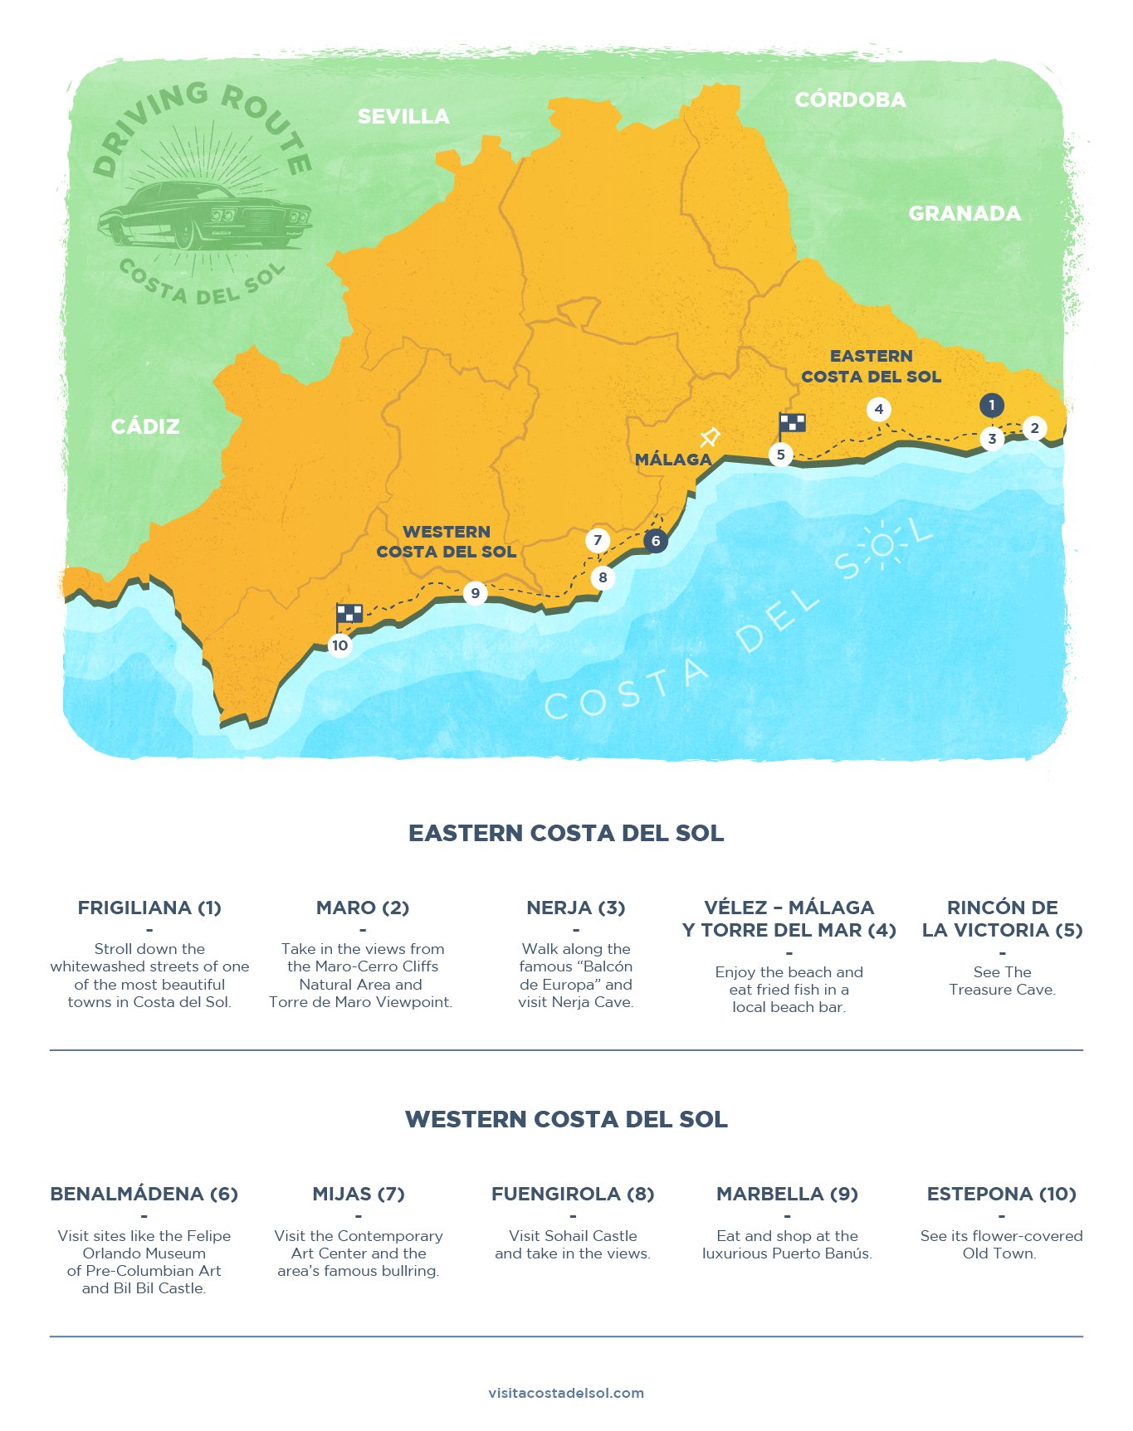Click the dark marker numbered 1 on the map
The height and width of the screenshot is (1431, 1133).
pyautogui.click(x=991, y=405)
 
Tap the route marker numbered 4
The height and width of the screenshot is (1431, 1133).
pyautogui.click(x=878, y=409)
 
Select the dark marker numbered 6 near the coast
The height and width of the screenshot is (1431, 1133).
pyautogui.click(x=655, y=541)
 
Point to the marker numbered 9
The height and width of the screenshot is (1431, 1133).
pyautogui.click(x=475, y=593)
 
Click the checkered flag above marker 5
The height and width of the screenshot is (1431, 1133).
pyautogui.click(x=792, y=423)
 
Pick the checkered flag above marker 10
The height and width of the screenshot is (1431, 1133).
pyautogui.click(x=349, y=614)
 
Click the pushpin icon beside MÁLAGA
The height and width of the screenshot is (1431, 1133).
pyautogui.click(x=710, y=436)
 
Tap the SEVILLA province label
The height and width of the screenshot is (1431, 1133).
pyautogui.click(x=403, y=117)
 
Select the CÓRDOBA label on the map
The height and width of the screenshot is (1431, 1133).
pyautogui.click(x=850, y=100)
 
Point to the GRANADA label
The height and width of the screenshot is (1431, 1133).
pyautogui.click(x=964, y=213)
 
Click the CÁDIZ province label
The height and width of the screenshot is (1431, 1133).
pyautogui.click(x=145, y=426)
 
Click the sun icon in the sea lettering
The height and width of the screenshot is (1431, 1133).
pyautogui.click(x=881, y=545)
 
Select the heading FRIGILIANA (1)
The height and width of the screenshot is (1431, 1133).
pyautogui.click(x=149, y=908)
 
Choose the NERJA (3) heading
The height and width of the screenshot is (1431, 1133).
pyautogui.click(x=575, y=908)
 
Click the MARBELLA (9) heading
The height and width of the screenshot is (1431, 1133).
pyautogui.click(x=787, y=1194)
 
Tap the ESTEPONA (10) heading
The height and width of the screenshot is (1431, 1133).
pyautogui.click(x=1001, y=1194)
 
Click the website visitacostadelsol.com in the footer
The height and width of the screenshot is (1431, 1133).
pyautogui.click(x=566, y=1393)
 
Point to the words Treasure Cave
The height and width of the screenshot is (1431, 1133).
pyautogui.click(x=1002, y=990)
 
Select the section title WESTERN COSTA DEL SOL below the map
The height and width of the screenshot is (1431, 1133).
pyautogui.click(x=566, y=1119)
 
